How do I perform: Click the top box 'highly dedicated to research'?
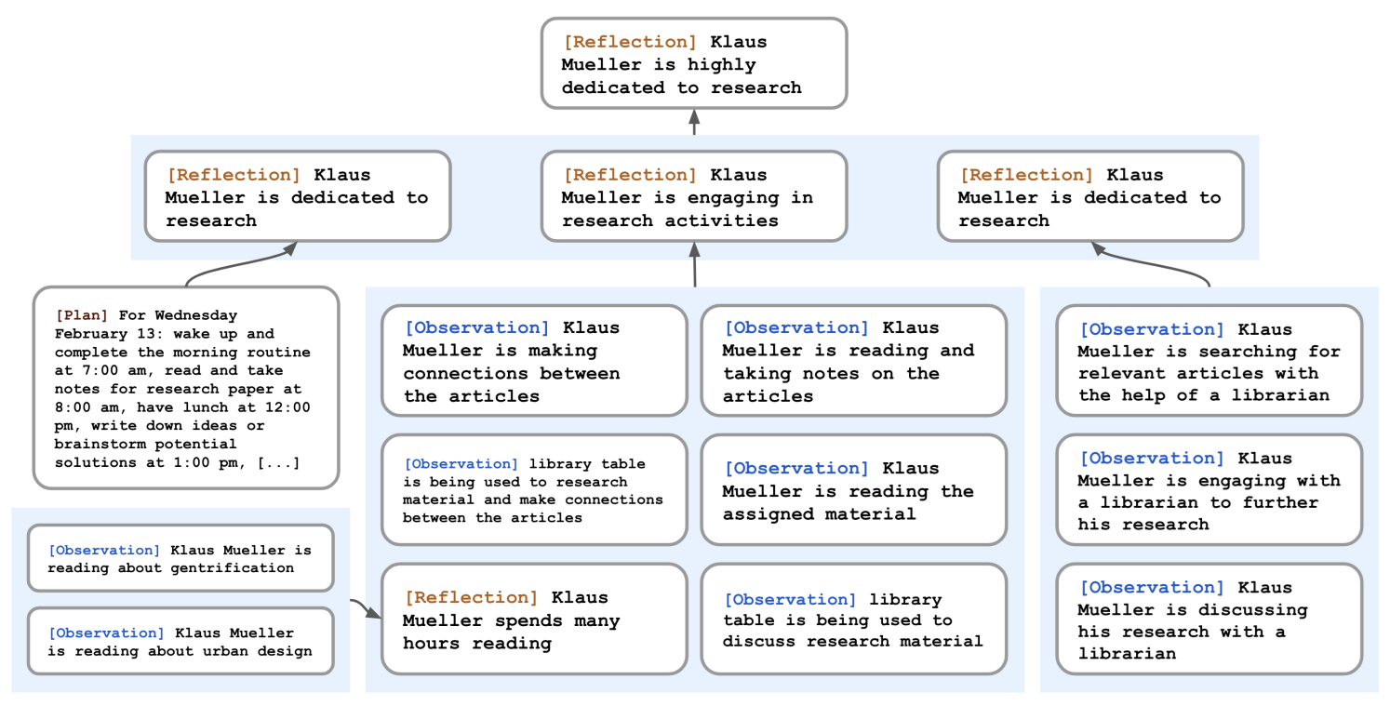coord(694,63)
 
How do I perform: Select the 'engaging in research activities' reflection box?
coord(694,196)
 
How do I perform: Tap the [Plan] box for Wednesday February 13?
coord(186,388)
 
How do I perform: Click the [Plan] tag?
coord(81,315)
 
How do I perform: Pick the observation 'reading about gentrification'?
coord(180,558)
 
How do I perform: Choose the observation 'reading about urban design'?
coord(180,641)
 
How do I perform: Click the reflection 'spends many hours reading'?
coord(534,619)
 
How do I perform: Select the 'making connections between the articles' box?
coord(534,361)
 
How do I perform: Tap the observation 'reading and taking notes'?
coord(854,361)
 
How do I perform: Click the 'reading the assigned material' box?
coord(854,490)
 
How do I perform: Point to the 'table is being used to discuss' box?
coord(854,619)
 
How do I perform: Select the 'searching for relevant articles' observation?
coord(1210,361)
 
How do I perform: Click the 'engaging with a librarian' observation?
coord(1210,490)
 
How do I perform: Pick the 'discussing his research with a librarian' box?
coord(1210,619)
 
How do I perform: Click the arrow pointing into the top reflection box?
coord(694,122)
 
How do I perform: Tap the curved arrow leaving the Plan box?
coord(239,262)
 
